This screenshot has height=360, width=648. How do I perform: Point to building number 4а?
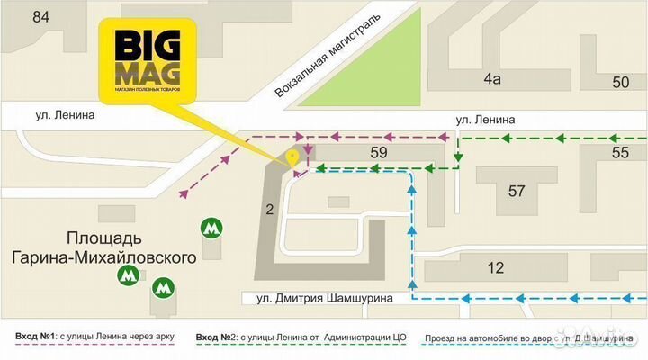pos(490,79)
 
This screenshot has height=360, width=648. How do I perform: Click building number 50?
pos(620,83)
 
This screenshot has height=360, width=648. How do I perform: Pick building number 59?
pos(378,153)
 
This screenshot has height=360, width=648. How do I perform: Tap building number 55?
pos(620,153)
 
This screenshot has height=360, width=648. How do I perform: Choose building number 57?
pos(516,191)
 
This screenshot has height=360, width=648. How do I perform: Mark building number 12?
pos(495,267)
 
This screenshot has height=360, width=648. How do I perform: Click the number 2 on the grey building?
pos(268,211)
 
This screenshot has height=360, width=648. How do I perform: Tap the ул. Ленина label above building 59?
pos(484,119)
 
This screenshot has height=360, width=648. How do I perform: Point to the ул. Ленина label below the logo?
pos(66,115)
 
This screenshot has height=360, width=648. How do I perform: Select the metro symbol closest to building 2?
pos(211,229)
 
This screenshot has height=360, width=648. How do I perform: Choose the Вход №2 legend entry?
pos(301,337)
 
